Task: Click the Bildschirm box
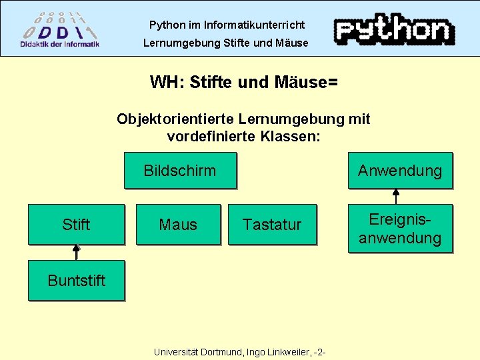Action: pos(179,171)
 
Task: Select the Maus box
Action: pos(178,225)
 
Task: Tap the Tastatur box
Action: pos(271,225)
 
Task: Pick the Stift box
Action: pos(76,225)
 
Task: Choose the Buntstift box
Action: pos(76,280)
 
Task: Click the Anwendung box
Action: pos(400,171)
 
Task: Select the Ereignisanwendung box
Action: pos(400,229)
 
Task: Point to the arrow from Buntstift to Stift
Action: pos(76,252)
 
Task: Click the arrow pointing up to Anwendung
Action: pos(396,195)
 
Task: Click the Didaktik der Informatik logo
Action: pos(59,29)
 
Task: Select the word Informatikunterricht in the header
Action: pos(254,25)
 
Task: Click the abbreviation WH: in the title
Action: pos(167,83)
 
